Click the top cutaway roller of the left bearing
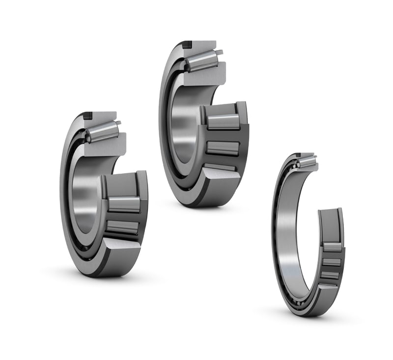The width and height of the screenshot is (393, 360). [102, 131]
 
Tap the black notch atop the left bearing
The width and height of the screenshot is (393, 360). [87, 116]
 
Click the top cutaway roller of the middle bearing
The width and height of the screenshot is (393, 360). [201, 60]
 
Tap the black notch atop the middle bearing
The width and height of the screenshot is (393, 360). [187, 45]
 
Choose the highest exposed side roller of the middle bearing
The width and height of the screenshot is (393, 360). [223, 121]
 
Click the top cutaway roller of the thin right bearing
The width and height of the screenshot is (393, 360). [306, 160]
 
